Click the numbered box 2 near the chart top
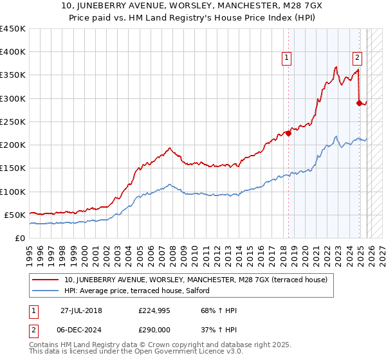pyautogui.click(x=357, y=57)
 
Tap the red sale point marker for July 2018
pyautogui.click(x=288, y=134)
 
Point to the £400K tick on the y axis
pyautogui.click(x=13, y=52)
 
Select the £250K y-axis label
pyautogui.click(x=13, y=122)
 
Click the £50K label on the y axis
pyautogui.click(x=15, y=215)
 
